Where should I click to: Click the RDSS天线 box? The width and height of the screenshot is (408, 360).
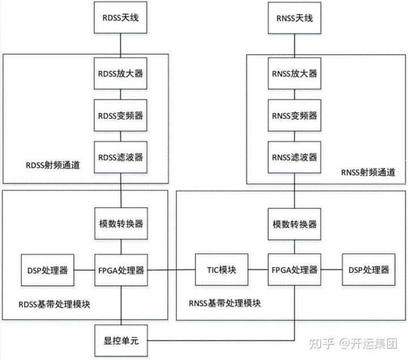point(120,18)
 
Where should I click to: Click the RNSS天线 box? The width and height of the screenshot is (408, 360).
point(295,18)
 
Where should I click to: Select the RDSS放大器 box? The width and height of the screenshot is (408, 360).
point(120,74)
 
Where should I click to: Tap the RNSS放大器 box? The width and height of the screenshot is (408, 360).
point(295,74)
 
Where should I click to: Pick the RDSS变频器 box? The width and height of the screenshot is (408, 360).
point(120,115)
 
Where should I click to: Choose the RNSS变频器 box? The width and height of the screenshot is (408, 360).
point(295,115)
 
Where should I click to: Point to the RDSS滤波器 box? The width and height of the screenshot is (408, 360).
point(120,157)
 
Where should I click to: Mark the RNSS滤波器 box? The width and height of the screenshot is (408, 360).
point(295,157)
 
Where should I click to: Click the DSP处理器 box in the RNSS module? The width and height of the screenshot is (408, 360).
point(369,270)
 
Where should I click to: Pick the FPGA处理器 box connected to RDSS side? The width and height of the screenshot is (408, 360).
point(120,270)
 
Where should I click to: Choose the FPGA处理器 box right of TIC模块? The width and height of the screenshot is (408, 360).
point(295,270)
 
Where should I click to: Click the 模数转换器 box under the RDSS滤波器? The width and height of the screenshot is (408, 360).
point(120,223)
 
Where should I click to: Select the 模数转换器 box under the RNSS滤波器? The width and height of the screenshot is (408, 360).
point(295,223)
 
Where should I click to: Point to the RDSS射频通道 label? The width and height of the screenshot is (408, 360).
point(53,166)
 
